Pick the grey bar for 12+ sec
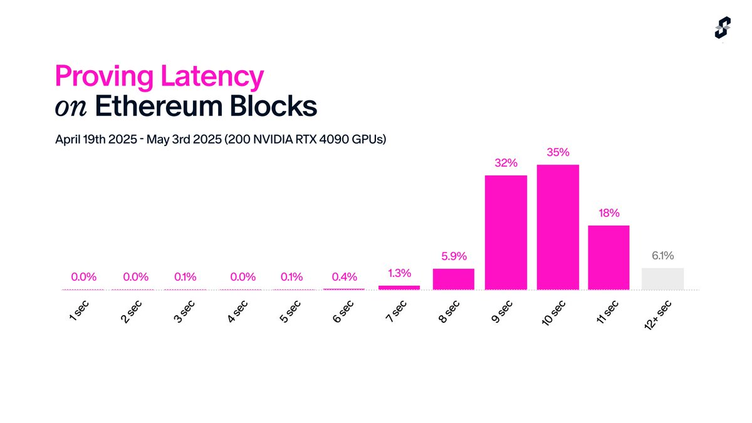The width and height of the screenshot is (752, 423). pos(662,279)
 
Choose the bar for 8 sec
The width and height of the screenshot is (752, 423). pos(454,279)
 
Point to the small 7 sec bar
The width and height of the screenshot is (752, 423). pos(399,287)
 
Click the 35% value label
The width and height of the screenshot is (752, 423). pos(558,152)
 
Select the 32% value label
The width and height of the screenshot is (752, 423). pos(506,163)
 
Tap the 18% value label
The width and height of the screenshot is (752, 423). pos(608,213)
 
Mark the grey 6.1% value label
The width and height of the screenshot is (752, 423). pos(662,256)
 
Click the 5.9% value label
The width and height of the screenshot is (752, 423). pos(454,256)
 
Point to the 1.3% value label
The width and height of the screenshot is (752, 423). pos(399,273)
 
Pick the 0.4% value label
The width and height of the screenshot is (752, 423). pos(344,276)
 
